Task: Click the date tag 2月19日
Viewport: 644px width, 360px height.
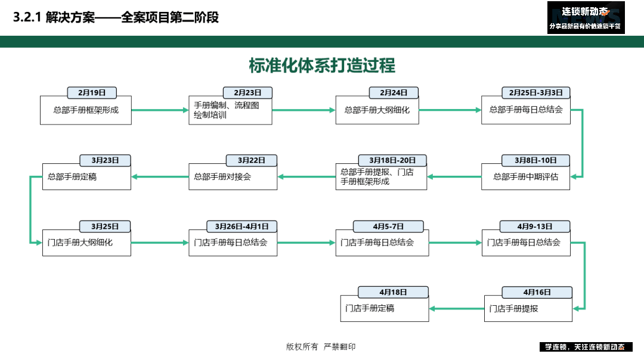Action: pyautogui.click(x=92, y=93)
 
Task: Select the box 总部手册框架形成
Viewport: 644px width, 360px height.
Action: pyautogui.click(x=86, y=110)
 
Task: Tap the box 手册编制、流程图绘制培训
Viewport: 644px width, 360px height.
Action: pyautogui.click(x=230, y=110)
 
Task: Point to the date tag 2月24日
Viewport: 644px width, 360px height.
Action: pyautogui.click(x=394, y=93)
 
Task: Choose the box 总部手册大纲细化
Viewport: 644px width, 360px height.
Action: pyautogui.click(x=377, y=110)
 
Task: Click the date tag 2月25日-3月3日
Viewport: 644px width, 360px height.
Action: pyautogui.click(x=536, y=93)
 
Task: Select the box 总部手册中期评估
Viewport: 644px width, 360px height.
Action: pyautogui.click(x=526, y=177)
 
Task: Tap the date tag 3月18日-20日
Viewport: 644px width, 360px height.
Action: pyautogui.click(x=392, y=160)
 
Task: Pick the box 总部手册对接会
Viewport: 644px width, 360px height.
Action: pyautogui.click(x=233, y=177)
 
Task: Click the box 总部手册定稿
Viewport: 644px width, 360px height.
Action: pyautogui.click(x=86, y=177)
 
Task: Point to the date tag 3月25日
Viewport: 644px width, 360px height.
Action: pyautogui.click(x=105, y=226)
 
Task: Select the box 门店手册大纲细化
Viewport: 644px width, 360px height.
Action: pyautogui.click(x=86, y=243)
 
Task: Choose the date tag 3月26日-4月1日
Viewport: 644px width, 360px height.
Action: pyautogui.click(x=242, y=226)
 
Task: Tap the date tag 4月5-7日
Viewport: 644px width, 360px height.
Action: pyautogui.click(x=389, y=226)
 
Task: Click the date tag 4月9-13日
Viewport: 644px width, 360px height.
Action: pyautogui.click(x=535, y=226)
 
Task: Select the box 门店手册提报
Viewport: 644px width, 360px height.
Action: pyautogui.click(x=528, y=309)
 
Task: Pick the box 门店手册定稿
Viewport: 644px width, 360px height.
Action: pyautogui.click(x=385, y=309)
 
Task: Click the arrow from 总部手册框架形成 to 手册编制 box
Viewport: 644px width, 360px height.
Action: pyautogui.click(x=160, y=110)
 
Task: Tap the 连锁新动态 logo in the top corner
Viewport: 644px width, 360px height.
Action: pyautogui.click(x=586, y=18)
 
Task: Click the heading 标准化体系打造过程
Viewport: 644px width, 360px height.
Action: pyautogui.click(x=322, y=66)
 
